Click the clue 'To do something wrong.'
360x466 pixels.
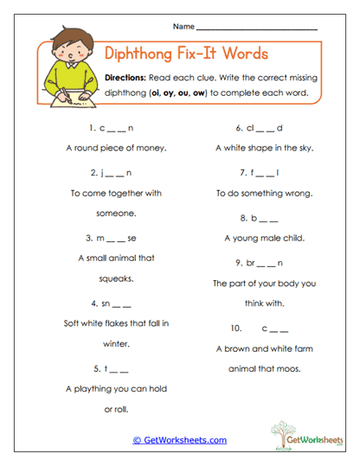click(x=263, y=193)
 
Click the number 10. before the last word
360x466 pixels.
click(x=236, y=329)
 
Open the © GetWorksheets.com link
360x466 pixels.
click(x=179, y=440)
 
